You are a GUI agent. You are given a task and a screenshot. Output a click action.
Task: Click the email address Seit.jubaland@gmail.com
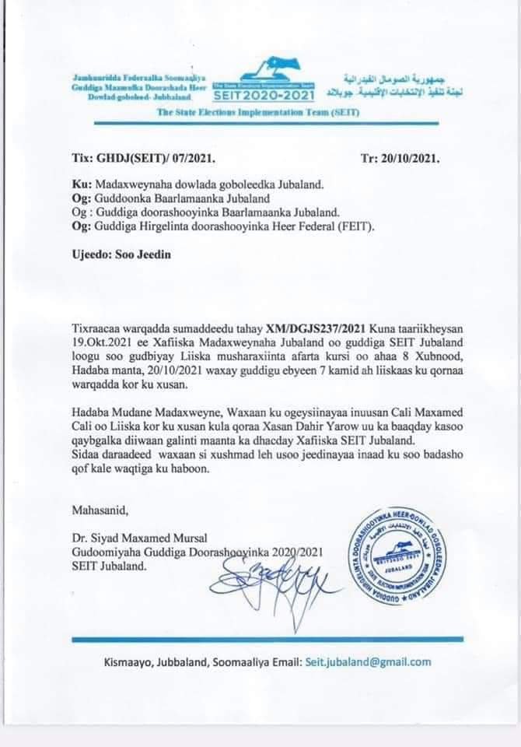click(369, 662)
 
